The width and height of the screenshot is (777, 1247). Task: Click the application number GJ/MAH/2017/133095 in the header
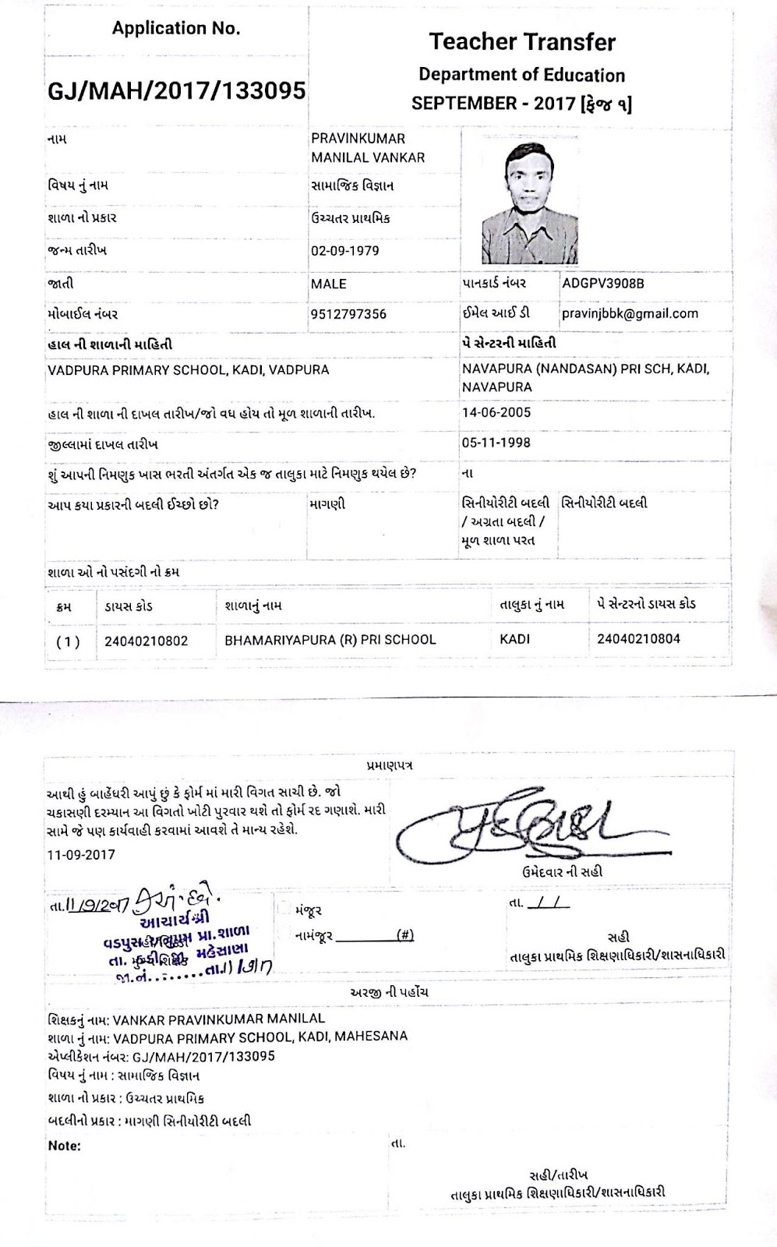(177, 91)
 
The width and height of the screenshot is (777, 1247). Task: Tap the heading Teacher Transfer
(522, 42)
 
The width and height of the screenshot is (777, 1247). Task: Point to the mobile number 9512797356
(348, 314)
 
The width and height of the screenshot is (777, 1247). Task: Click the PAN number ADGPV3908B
(603, 283)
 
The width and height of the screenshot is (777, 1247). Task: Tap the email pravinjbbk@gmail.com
(630, 313)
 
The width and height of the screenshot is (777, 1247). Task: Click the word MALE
(329, 284)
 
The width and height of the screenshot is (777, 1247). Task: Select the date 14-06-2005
(496, 412)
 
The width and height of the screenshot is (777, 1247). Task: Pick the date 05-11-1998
(496, 443)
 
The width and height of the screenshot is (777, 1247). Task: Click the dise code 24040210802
(147, 640)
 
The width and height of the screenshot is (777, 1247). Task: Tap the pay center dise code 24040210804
(638, 639)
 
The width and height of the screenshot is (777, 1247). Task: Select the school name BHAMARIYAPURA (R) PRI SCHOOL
(330, 640)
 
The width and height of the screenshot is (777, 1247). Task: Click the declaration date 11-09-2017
(81, 854)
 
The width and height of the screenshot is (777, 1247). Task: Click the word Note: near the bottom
(64, 1146)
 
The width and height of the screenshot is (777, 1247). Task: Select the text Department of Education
(522, 75)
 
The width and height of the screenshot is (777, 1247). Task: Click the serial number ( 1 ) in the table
(68, 641)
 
